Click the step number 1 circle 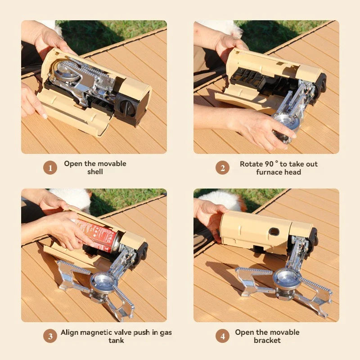point(50,168)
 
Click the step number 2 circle point(222,168)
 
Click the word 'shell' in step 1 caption point(95,172)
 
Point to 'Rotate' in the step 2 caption point(251,164)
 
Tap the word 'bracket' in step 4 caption point(267,340)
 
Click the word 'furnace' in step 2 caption point(270,172)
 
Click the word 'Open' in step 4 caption point(244,332)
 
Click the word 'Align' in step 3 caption point(70,333)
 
